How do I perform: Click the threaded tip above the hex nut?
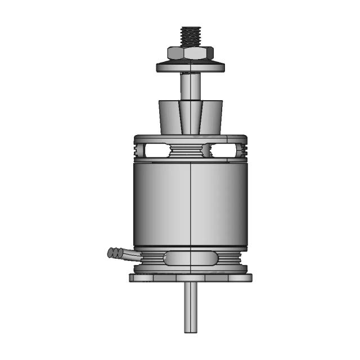pyautogui.click(x=191, y=35)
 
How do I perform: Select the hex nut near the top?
pyautogui.click(x=191, y=54)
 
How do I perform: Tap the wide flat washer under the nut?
pyautogui.click(x=191, y=67)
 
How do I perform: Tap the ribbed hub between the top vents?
pyautogui.click(x=191, y=150)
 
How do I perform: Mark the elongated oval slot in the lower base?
pyautogui.click(x=190, y=259)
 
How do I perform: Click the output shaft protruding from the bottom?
pyautogui.click(x=191, y=304)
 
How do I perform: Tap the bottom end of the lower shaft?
pyautogui.click(x=191, y=330)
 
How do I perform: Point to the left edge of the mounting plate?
pyautogui.click(x=132, y=277)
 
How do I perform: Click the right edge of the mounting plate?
pyautogui.click(x=250, y=277)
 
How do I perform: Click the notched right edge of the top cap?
pyautogui.click(x=244, y=151)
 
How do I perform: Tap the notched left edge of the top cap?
pyautogui.click(x=137, y=151)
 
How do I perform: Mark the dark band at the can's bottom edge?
pyautogui.click(x=191, y=248)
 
